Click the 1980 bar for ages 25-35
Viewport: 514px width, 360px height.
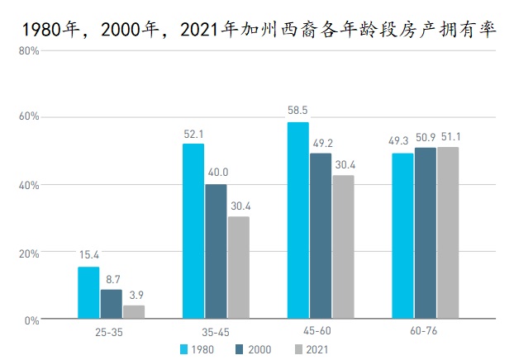point(88,292)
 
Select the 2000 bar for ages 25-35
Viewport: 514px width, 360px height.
point(111,304)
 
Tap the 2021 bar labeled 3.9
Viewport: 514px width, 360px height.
point(134,312)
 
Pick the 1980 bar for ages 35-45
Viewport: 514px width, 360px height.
point(193,231)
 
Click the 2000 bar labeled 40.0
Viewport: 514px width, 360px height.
point(216,251)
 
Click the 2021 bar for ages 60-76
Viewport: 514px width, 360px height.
point(448,232)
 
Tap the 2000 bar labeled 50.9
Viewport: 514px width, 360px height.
point(426,233)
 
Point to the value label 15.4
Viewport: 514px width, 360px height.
point(88,254)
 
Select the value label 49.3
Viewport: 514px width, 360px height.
point(402,140)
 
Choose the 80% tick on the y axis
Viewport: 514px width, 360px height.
point(29,50)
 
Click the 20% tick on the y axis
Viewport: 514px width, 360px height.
point(29,253)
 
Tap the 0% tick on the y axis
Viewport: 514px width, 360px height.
point(31,320)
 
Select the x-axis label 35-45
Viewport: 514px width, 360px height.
point(216,333)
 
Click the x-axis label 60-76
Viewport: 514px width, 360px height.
point(425,333)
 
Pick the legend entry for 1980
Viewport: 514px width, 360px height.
point(197,349)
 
